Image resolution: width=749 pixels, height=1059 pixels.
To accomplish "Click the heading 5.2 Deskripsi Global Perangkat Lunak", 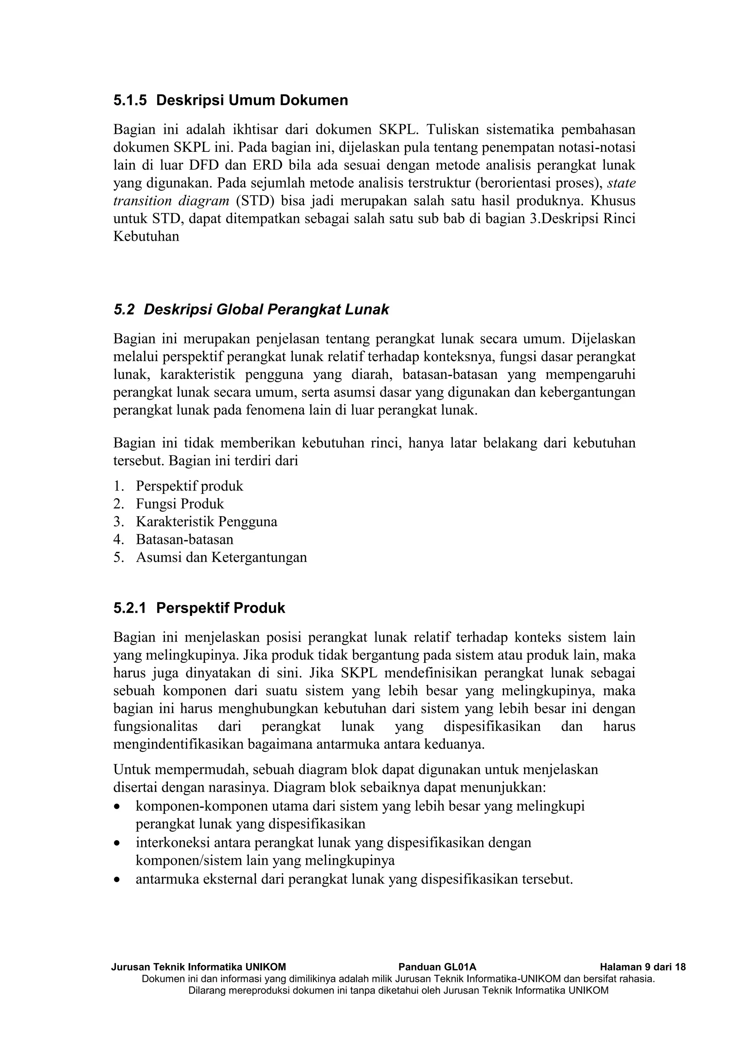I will point(251,309).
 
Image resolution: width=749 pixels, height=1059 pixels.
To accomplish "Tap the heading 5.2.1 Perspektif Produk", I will point(199,608).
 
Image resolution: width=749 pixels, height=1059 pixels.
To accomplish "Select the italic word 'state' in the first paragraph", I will point(621,183).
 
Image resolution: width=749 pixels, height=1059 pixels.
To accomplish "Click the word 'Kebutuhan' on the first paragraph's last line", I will point(146,237).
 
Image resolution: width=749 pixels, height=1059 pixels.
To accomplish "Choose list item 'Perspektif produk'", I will point(189,486).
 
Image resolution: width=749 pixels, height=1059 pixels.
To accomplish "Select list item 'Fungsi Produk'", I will point(180,504).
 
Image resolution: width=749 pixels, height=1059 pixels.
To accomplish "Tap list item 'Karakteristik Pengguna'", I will point(207,522).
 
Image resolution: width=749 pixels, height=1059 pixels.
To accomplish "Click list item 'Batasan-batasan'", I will point(184,539).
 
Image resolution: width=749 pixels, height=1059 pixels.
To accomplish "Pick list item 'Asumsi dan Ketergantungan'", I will point(221,557).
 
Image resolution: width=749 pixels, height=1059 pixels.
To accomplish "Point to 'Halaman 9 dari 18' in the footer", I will point(643,966).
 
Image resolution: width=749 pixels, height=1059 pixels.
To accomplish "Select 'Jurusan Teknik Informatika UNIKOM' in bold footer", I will point(199,966).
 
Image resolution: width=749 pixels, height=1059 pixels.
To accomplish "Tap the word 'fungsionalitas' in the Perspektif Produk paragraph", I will point(155,726).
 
